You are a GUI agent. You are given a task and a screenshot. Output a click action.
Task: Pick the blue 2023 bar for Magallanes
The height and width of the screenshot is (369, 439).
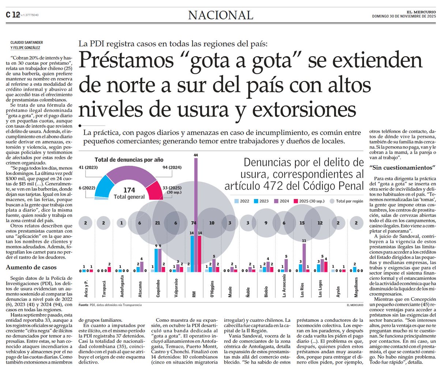[x=354, y=270]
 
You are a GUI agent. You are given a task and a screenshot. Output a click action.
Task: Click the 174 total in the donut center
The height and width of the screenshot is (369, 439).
[x=129, y=190]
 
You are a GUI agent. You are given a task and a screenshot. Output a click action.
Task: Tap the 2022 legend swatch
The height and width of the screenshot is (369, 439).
[x=237, y=201]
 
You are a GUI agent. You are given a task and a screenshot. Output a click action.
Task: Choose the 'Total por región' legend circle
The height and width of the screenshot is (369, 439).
[x=332, y=201]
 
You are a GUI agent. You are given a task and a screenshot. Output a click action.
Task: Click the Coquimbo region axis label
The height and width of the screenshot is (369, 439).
[x=158, y=287]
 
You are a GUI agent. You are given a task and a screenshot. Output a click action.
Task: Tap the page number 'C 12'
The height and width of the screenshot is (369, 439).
[x=12, y=15]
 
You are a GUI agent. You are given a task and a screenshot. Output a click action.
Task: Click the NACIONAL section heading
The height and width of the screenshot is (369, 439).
[x=221, y=15]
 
